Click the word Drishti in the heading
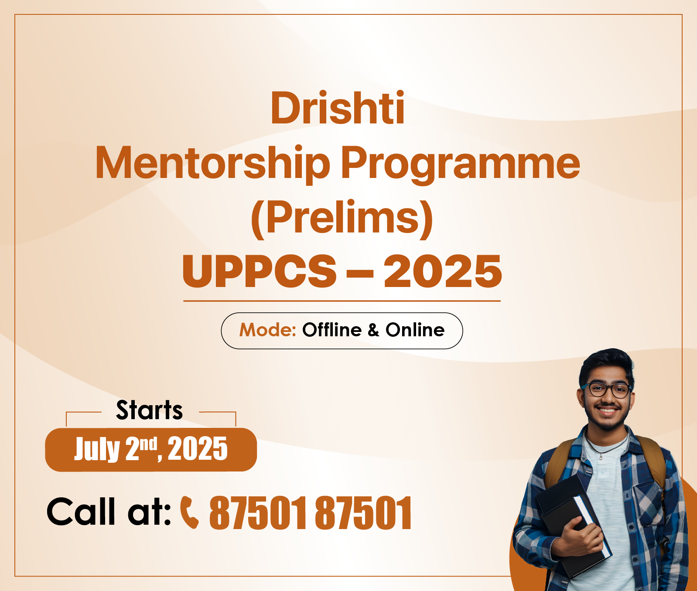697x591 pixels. tap(338, 108)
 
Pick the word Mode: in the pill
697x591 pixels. tap(268, 330)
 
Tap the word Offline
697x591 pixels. tap(332, 330)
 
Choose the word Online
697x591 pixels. tap(415, 330)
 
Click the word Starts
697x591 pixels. tap(149, 410)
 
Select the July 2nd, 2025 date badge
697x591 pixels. tap(151, 450)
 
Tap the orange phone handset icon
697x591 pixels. tap(190, 512)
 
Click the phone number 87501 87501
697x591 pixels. tap(310, 513)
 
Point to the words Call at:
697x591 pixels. tap(109, 511)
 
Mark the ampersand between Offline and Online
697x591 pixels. tap(373, 330)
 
